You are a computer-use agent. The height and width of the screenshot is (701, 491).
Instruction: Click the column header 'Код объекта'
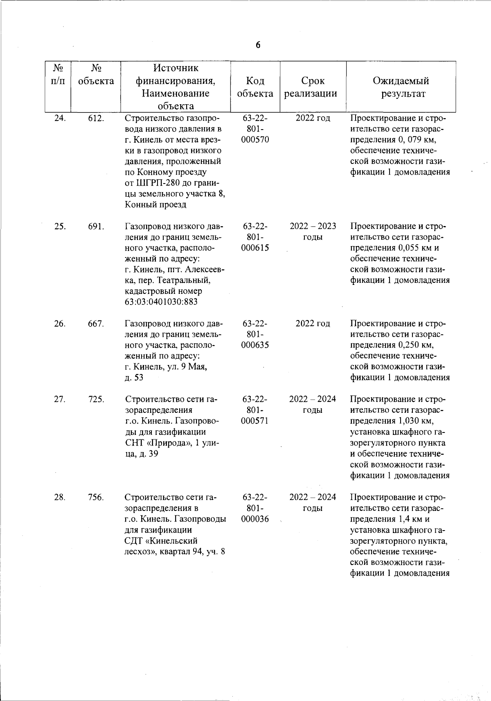click(x=255, y=87)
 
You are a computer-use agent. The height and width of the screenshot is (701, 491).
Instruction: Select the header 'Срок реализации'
click(x=313, y=87)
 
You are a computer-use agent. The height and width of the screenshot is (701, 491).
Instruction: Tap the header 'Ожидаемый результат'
click(x=401, y=87)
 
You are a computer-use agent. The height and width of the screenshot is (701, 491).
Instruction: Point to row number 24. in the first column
click(x=60, y=119)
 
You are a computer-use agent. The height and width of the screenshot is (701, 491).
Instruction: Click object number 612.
click(x=96, y=119)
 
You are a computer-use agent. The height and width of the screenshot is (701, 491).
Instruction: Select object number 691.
click(x=96, y=226)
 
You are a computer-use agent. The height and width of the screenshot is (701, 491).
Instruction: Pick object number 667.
click(x=96, y=324)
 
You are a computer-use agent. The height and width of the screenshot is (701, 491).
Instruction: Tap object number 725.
click(x=96, y=399)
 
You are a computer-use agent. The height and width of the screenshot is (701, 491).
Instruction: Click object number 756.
click(x=96, y=497)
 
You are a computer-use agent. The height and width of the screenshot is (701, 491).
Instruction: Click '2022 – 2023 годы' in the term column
click(x=313, y=232)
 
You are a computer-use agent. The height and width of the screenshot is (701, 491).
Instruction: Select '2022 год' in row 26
click(x=313, y=324)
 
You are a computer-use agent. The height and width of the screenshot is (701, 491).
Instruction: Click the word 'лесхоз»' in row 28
click(x=141, y=551)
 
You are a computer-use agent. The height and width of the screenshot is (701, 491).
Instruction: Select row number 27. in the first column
click(x=60, y=399)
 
